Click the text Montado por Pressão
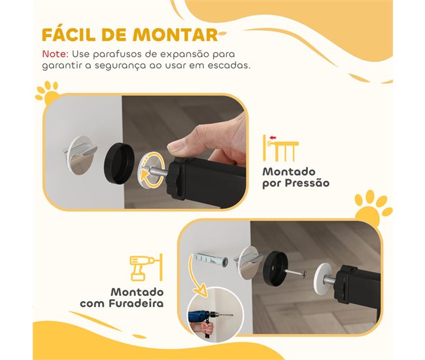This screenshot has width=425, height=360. pos(296,177)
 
